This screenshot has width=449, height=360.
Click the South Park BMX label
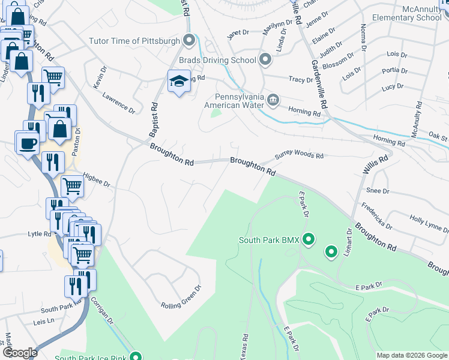click(x=269, y=240)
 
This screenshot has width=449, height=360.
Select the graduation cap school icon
click(x=178, y=81)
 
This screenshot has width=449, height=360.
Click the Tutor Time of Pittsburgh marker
click(x=190, y=41)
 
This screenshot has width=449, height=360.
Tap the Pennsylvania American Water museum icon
click(x=273, y=99)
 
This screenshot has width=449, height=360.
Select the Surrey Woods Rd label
click(x=299, y=155)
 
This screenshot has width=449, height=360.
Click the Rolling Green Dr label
click(x=181, y=305)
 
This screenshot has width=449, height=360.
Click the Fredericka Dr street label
click(x=376, y=216)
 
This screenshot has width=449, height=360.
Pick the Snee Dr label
click(x=378, y=191)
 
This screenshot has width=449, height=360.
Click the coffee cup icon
click(x=27, y=143)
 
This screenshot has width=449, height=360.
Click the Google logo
click(x=20, y=353)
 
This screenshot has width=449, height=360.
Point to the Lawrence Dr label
click(x=119, y=103)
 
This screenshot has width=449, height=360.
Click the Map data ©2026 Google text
click(x=411, y=355)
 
